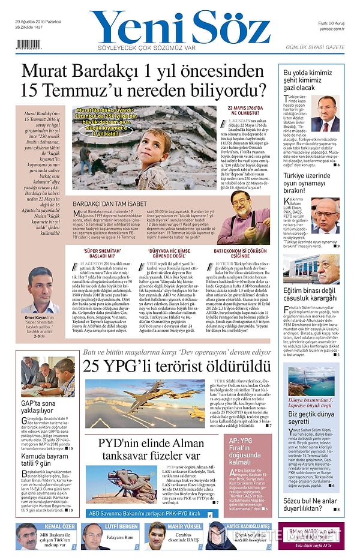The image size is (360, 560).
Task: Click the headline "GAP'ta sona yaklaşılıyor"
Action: pyautogui.click(x=38, y=407)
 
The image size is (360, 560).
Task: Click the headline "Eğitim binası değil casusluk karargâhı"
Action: pyautogui.click(x=311, y=294)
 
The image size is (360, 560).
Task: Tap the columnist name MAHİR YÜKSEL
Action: pyautogui.click(x=182, y=527)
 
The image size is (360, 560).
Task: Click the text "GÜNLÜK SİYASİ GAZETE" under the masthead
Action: pyautogui.click(x=314, y=47)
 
